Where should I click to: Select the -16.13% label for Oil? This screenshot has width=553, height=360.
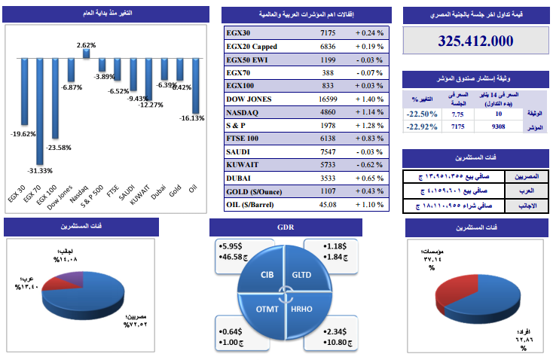click(192, 118)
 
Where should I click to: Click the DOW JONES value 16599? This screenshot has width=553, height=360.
click(328, 99)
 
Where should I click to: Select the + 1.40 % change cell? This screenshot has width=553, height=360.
click(369, 99)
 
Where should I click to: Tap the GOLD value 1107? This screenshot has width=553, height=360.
click(328, 191)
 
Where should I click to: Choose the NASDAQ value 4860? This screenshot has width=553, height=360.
click(328, 111)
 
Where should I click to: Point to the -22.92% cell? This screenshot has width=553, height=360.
click(421, 127)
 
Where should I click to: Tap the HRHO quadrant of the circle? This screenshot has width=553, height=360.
click(301, 310)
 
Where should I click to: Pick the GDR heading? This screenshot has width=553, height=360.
click(285, 227)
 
